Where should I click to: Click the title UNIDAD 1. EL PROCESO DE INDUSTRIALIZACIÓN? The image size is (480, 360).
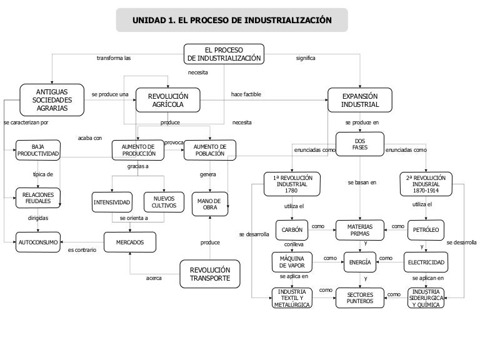(x=232, y=21)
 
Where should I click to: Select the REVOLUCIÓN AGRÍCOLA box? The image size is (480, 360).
(x=167, y=100)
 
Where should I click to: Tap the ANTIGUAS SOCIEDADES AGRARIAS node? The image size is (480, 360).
(x=52, y=99)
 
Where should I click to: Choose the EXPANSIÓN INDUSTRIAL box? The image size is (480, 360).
(x=360, y=100)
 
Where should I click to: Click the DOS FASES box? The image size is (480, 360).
(x=359, y=144)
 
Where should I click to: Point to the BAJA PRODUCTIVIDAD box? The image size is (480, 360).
(x=38, y=150)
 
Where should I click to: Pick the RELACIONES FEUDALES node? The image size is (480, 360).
(x=38, y=198)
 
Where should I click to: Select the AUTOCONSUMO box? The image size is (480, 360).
(x=38, y=241)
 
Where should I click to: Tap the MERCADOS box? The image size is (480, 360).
(x=129, y=241)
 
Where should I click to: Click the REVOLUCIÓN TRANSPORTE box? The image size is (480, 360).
(x=210, y=274)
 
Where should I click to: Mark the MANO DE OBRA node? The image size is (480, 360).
(x=210, y=203)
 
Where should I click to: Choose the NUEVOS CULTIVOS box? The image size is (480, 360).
(x=164, y=202)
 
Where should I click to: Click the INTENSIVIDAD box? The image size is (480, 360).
(x=112, y=202)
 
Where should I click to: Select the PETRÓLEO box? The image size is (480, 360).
(x=426, y=230)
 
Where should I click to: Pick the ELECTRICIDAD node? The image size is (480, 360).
(x=426, y=262)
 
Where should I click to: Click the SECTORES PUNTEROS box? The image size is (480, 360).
(x=359, y=297)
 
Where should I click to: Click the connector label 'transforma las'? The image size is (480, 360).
(x=114, y=58)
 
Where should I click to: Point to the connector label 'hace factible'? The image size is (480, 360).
(x=246, y=94)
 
